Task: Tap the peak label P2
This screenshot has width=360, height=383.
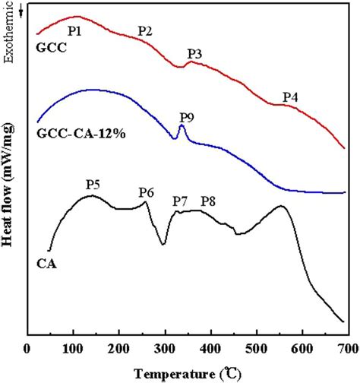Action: (x=145, y=31)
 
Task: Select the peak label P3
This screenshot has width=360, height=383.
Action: (x=194, y=54)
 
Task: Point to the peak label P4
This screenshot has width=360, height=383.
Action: (x=290, y=97)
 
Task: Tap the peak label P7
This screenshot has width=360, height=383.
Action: (x=180, y=201)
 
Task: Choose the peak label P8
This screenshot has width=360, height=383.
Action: (x=208, y=201)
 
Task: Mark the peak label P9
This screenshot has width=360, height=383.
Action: (x=186, y=116)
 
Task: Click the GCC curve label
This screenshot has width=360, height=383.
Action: (x=50, y=47)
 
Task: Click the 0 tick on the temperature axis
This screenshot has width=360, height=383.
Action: (x=27, y=348)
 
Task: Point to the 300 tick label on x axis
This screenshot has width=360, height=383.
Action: (x=165, y=348)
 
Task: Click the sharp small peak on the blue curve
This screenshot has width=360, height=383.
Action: (x=181, y=127)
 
